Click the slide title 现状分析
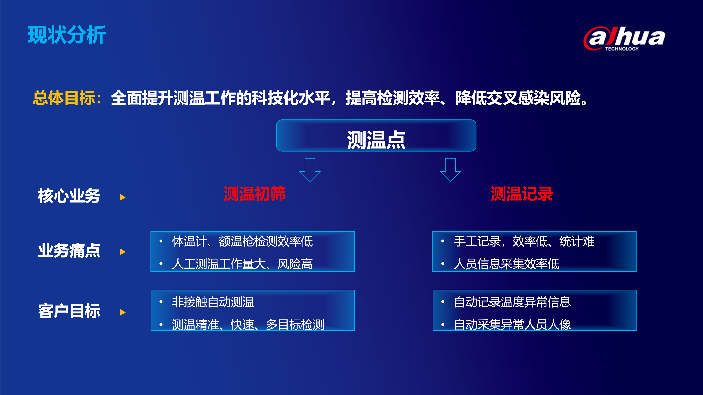pos(67,35)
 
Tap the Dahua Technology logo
pos(624,38)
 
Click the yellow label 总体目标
pos(64,98)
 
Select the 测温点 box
pos(376,136)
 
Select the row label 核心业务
pos(69,196)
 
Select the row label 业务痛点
pos(69,250)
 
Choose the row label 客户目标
pos(69,311)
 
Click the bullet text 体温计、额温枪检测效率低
pos(242,241)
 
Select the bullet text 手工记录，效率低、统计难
pos(524,241)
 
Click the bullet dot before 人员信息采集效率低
pos(443,264)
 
